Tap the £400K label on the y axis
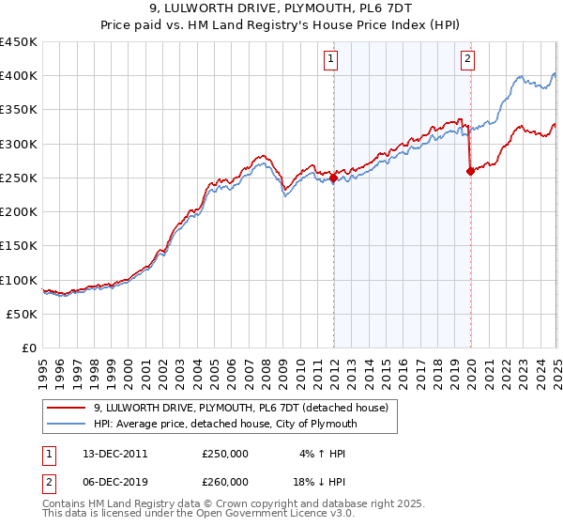pos(18,76)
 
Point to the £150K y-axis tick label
pos(18,246)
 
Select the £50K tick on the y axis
pos(22,315)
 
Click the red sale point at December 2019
pos(470,171)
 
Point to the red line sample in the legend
pos(68,408)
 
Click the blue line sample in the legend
pos(68,424)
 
